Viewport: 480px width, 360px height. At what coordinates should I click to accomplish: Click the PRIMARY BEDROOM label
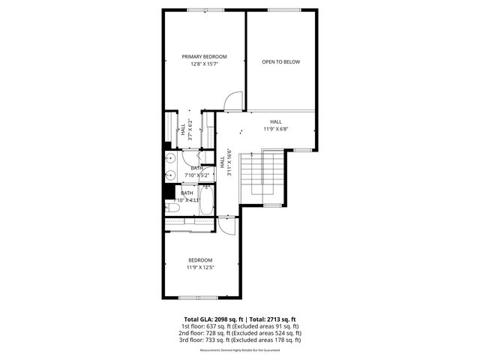(204, 56)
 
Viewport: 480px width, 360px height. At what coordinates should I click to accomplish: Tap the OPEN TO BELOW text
(280, 61)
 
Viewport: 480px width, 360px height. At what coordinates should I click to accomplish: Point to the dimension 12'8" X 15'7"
(204, 64)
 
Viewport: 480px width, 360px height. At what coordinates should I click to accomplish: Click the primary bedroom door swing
(234, 100)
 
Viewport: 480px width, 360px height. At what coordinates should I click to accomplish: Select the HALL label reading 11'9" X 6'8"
(276, 125)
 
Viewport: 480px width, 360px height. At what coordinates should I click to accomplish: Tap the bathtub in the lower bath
(206, 201)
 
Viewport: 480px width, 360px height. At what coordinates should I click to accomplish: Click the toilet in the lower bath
(172, 207)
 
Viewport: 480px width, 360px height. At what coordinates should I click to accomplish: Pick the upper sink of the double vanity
(171, 159)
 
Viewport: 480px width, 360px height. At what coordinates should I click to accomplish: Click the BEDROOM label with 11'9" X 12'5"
(200, 260)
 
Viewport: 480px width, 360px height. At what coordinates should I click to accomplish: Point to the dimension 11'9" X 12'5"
(200, 267)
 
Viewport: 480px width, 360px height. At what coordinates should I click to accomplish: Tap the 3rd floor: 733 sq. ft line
(240, 340)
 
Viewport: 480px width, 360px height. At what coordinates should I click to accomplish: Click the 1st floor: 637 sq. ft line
(240, 326)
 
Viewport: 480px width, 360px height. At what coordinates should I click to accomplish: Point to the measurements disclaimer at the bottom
(240, 350)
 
